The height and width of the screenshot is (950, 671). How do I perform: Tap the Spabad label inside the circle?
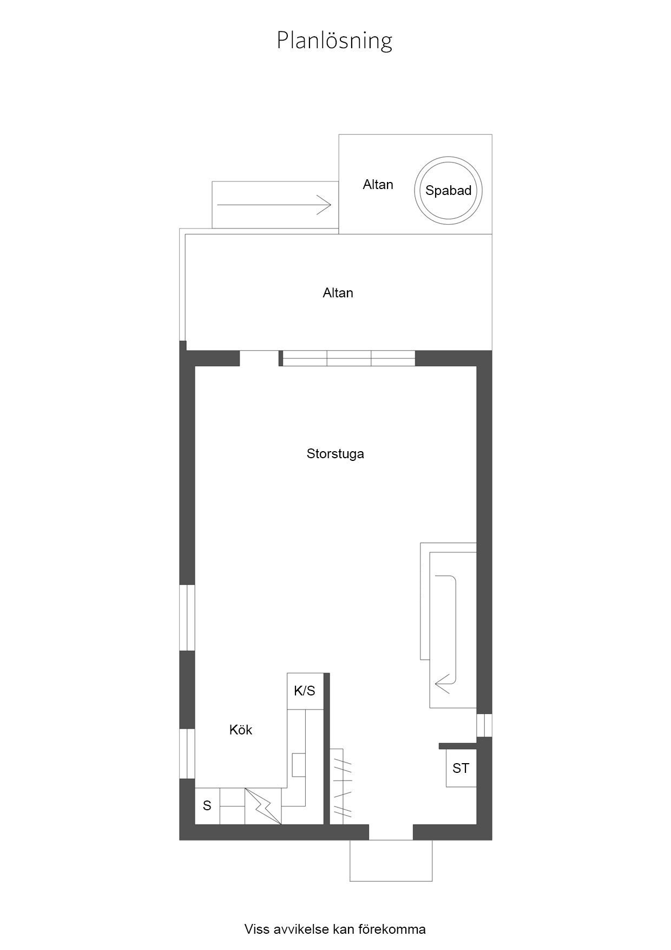(448, 191)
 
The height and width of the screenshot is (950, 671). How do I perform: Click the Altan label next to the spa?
(378, 185)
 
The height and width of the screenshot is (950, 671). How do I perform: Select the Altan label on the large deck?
(338, 293)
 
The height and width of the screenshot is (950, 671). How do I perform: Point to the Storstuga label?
(335, 454)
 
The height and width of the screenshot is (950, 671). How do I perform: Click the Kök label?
(241, 730)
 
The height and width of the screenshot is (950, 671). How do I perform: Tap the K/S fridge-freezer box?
(305, 691)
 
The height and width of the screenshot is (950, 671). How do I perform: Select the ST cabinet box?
(461, 768)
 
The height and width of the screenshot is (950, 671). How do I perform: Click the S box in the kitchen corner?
(207, 806)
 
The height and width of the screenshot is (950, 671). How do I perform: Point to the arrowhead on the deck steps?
(325, 205)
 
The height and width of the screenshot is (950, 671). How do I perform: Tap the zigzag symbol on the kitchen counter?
(263, 806)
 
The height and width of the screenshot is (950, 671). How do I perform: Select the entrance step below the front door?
(391, 861)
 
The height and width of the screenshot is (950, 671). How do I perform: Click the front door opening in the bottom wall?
(391, 832)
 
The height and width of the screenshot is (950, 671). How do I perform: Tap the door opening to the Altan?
(259, 359)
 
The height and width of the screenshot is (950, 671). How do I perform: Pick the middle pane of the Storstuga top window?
(349, 359)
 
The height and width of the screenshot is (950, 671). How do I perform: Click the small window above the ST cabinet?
(484, 726)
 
